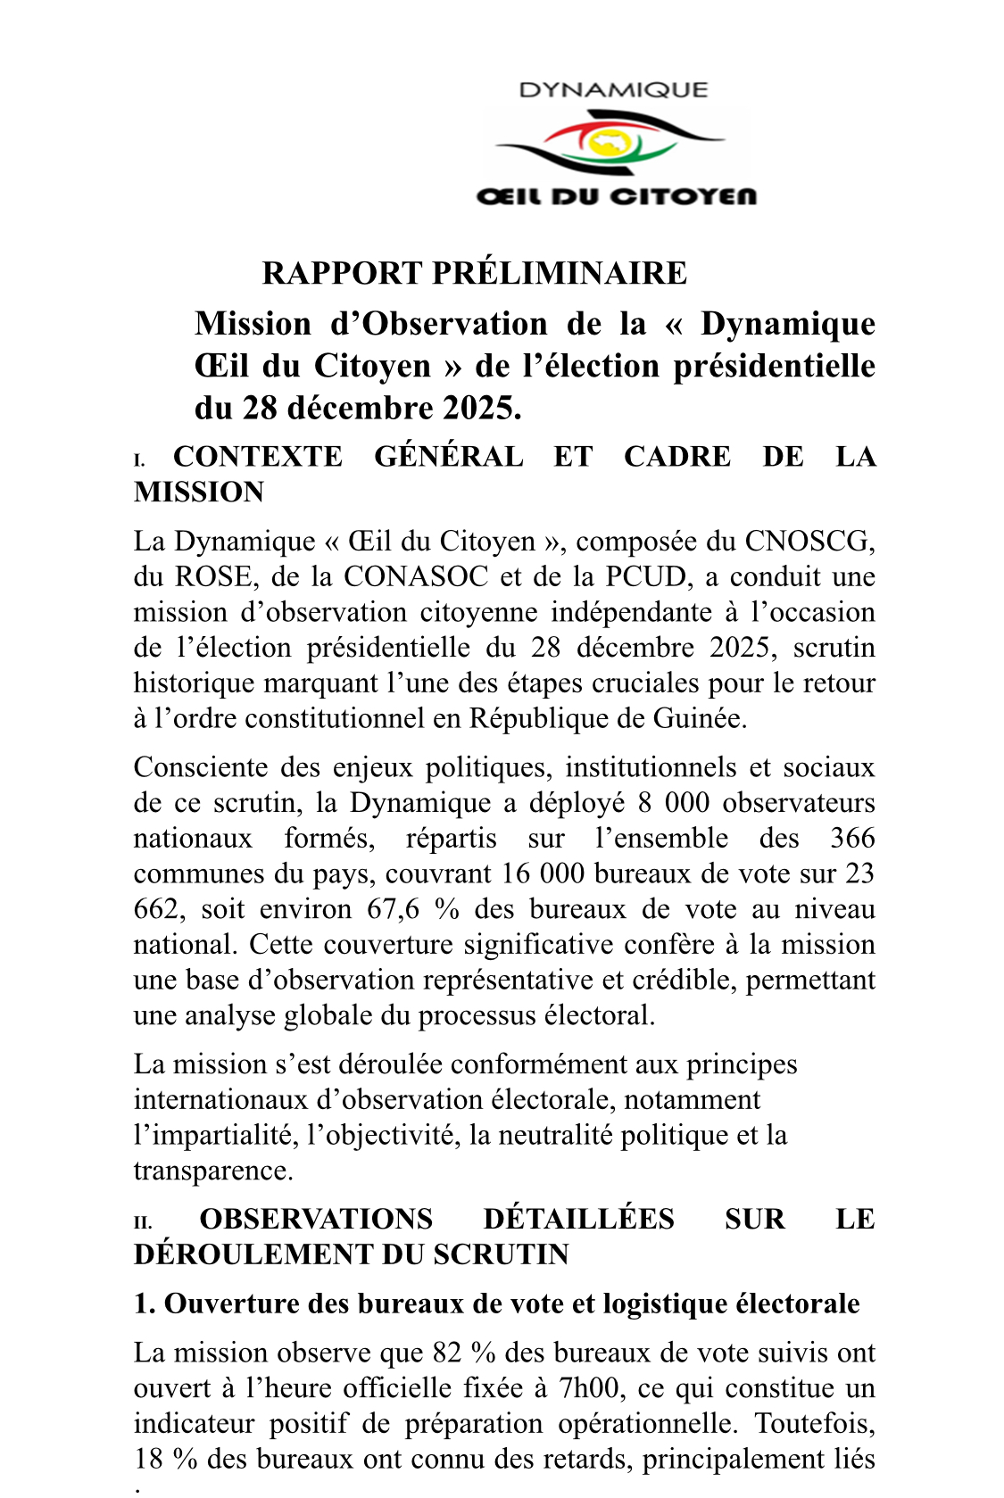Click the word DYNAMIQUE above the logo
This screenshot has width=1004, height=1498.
(613, 90)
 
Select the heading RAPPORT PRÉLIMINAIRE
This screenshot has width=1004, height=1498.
(474, 273)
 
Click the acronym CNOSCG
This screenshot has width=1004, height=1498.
(809, 542)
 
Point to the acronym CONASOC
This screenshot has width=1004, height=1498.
(416, 577)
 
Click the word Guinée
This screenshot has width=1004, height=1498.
(702, 719)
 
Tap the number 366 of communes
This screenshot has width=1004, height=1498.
(852, 839)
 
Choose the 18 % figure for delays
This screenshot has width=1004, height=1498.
(166, 1460)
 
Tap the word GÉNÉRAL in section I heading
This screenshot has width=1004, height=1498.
(449, 457)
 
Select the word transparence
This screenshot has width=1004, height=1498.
(212, 1171)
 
